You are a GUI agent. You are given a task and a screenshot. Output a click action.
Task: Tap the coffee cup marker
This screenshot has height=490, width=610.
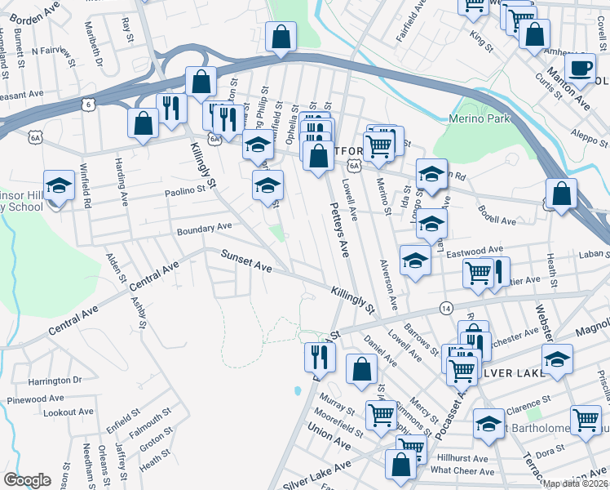click(x=580, y=69)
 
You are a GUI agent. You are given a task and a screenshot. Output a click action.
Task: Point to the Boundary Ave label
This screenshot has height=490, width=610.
click(x=206, y=229)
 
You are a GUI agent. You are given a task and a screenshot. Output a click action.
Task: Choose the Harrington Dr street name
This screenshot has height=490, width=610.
click(x=56, y=381)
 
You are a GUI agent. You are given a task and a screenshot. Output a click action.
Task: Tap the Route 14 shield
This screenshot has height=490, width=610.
click(x=445, y=308)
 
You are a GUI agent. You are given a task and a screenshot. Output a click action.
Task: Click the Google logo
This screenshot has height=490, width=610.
click(x=27, y=480)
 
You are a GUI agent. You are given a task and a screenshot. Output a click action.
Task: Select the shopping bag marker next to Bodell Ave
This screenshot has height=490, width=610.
click(x=561, y=194)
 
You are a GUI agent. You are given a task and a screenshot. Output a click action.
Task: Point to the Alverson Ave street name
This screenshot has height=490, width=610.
click(x=387, y=285)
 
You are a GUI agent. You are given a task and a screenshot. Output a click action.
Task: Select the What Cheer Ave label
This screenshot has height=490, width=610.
click(x=459, y=470)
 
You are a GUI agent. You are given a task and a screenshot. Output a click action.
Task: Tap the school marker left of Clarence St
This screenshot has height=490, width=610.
click(x=488, y=424)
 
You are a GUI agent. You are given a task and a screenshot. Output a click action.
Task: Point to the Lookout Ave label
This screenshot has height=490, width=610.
click(x=64, y=413)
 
